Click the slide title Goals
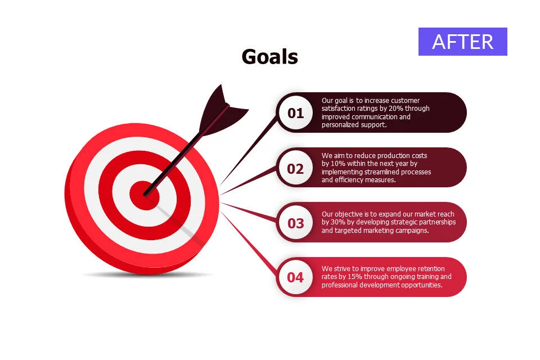click(x=269, y=56)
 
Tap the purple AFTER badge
click(x=462, y=42)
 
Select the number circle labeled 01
click(x=295, y=112)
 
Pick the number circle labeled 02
click(x=295, y=168)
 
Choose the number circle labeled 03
click(x=295, y=223)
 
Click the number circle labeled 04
click(x=295, y=277)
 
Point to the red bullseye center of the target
click(x=145, y=195)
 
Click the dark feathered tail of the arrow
click(x=220, y=110)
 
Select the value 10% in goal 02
click(x=338, y=164)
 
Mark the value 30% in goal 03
click(x=338, y=222)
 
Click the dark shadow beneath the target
click(x=148, y=274)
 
